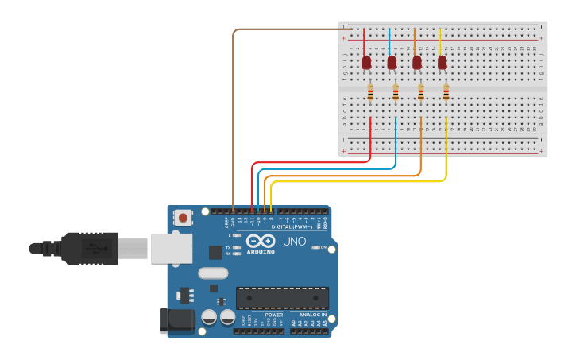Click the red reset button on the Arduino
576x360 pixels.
coord(184,217)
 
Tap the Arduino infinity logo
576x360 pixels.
coord(260,241)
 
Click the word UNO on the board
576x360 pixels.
coord(294,242)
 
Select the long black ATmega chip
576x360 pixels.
coord(282,298)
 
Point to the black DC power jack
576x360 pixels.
coord(177,319)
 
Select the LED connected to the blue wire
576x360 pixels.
coord(391,62)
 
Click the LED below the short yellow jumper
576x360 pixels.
coord(442,62)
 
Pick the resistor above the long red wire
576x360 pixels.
coord(370,94)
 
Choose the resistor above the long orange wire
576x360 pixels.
coord(420,94)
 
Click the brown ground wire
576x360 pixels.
coord(233,119)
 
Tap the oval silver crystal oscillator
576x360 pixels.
coord(213,273)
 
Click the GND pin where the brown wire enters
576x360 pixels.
coord(233,211)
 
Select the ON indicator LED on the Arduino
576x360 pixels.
coord(315,247)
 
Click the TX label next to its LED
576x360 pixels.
coord(229,247)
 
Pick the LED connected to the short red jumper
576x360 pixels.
coord(366,62)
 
